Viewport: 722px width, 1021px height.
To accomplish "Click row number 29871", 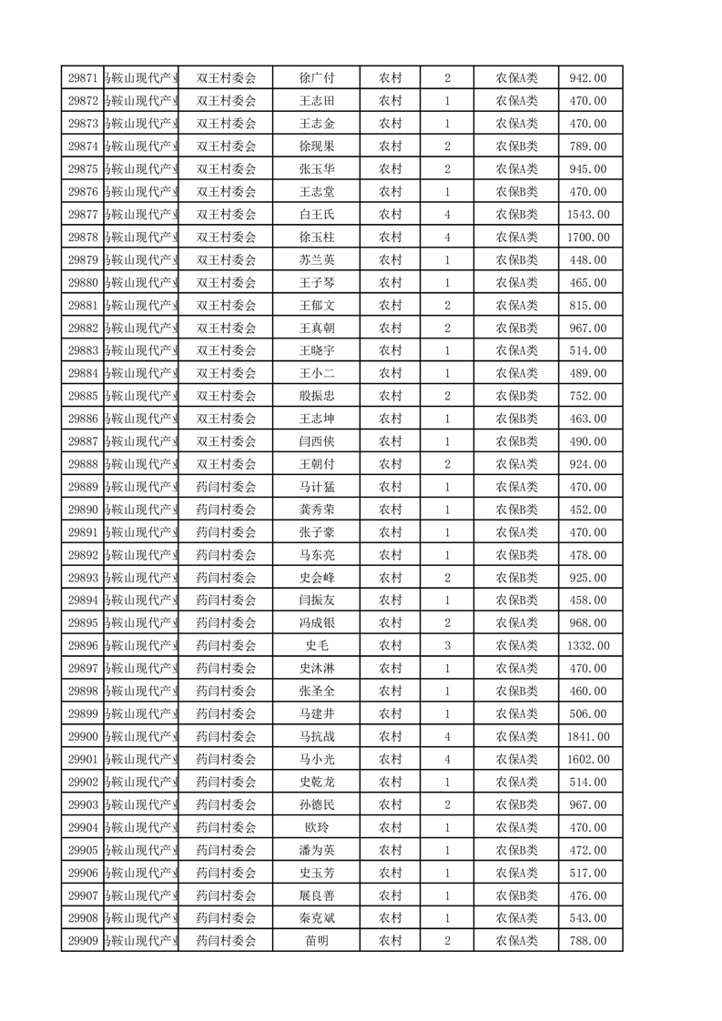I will pos(83,78).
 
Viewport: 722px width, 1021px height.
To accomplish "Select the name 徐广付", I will pos(316,78).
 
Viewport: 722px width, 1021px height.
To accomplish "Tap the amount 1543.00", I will pos(587,215).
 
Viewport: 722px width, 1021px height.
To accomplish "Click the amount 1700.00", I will pos(587,238).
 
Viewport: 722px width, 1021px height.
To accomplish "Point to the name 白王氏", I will pos(316,215).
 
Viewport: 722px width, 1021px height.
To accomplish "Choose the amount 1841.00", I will pos(587,737).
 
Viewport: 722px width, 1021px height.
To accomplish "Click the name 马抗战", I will pos(316,737).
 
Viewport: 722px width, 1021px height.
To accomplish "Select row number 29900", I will pos(83,737).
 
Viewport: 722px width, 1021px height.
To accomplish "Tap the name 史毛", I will pos(316,646).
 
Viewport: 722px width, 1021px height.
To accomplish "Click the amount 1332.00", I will pos(587,646).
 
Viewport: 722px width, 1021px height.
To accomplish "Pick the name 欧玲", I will pos(316,828).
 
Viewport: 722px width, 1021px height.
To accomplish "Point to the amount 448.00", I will pos(587,260).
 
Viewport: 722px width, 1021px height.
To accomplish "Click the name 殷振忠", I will pos(316,396).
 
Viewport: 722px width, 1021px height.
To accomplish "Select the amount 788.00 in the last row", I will pos(587,941).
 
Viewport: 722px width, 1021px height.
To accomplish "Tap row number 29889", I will pos(83,487).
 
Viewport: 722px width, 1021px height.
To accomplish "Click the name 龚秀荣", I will pos(316,510).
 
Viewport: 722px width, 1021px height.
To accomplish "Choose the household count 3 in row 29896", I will pos(447,646).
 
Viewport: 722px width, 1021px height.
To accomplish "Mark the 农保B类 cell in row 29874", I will pos(516,147).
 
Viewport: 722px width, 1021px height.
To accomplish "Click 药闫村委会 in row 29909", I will pos(227,941).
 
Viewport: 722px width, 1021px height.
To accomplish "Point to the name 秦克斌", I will pos(316,918).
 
